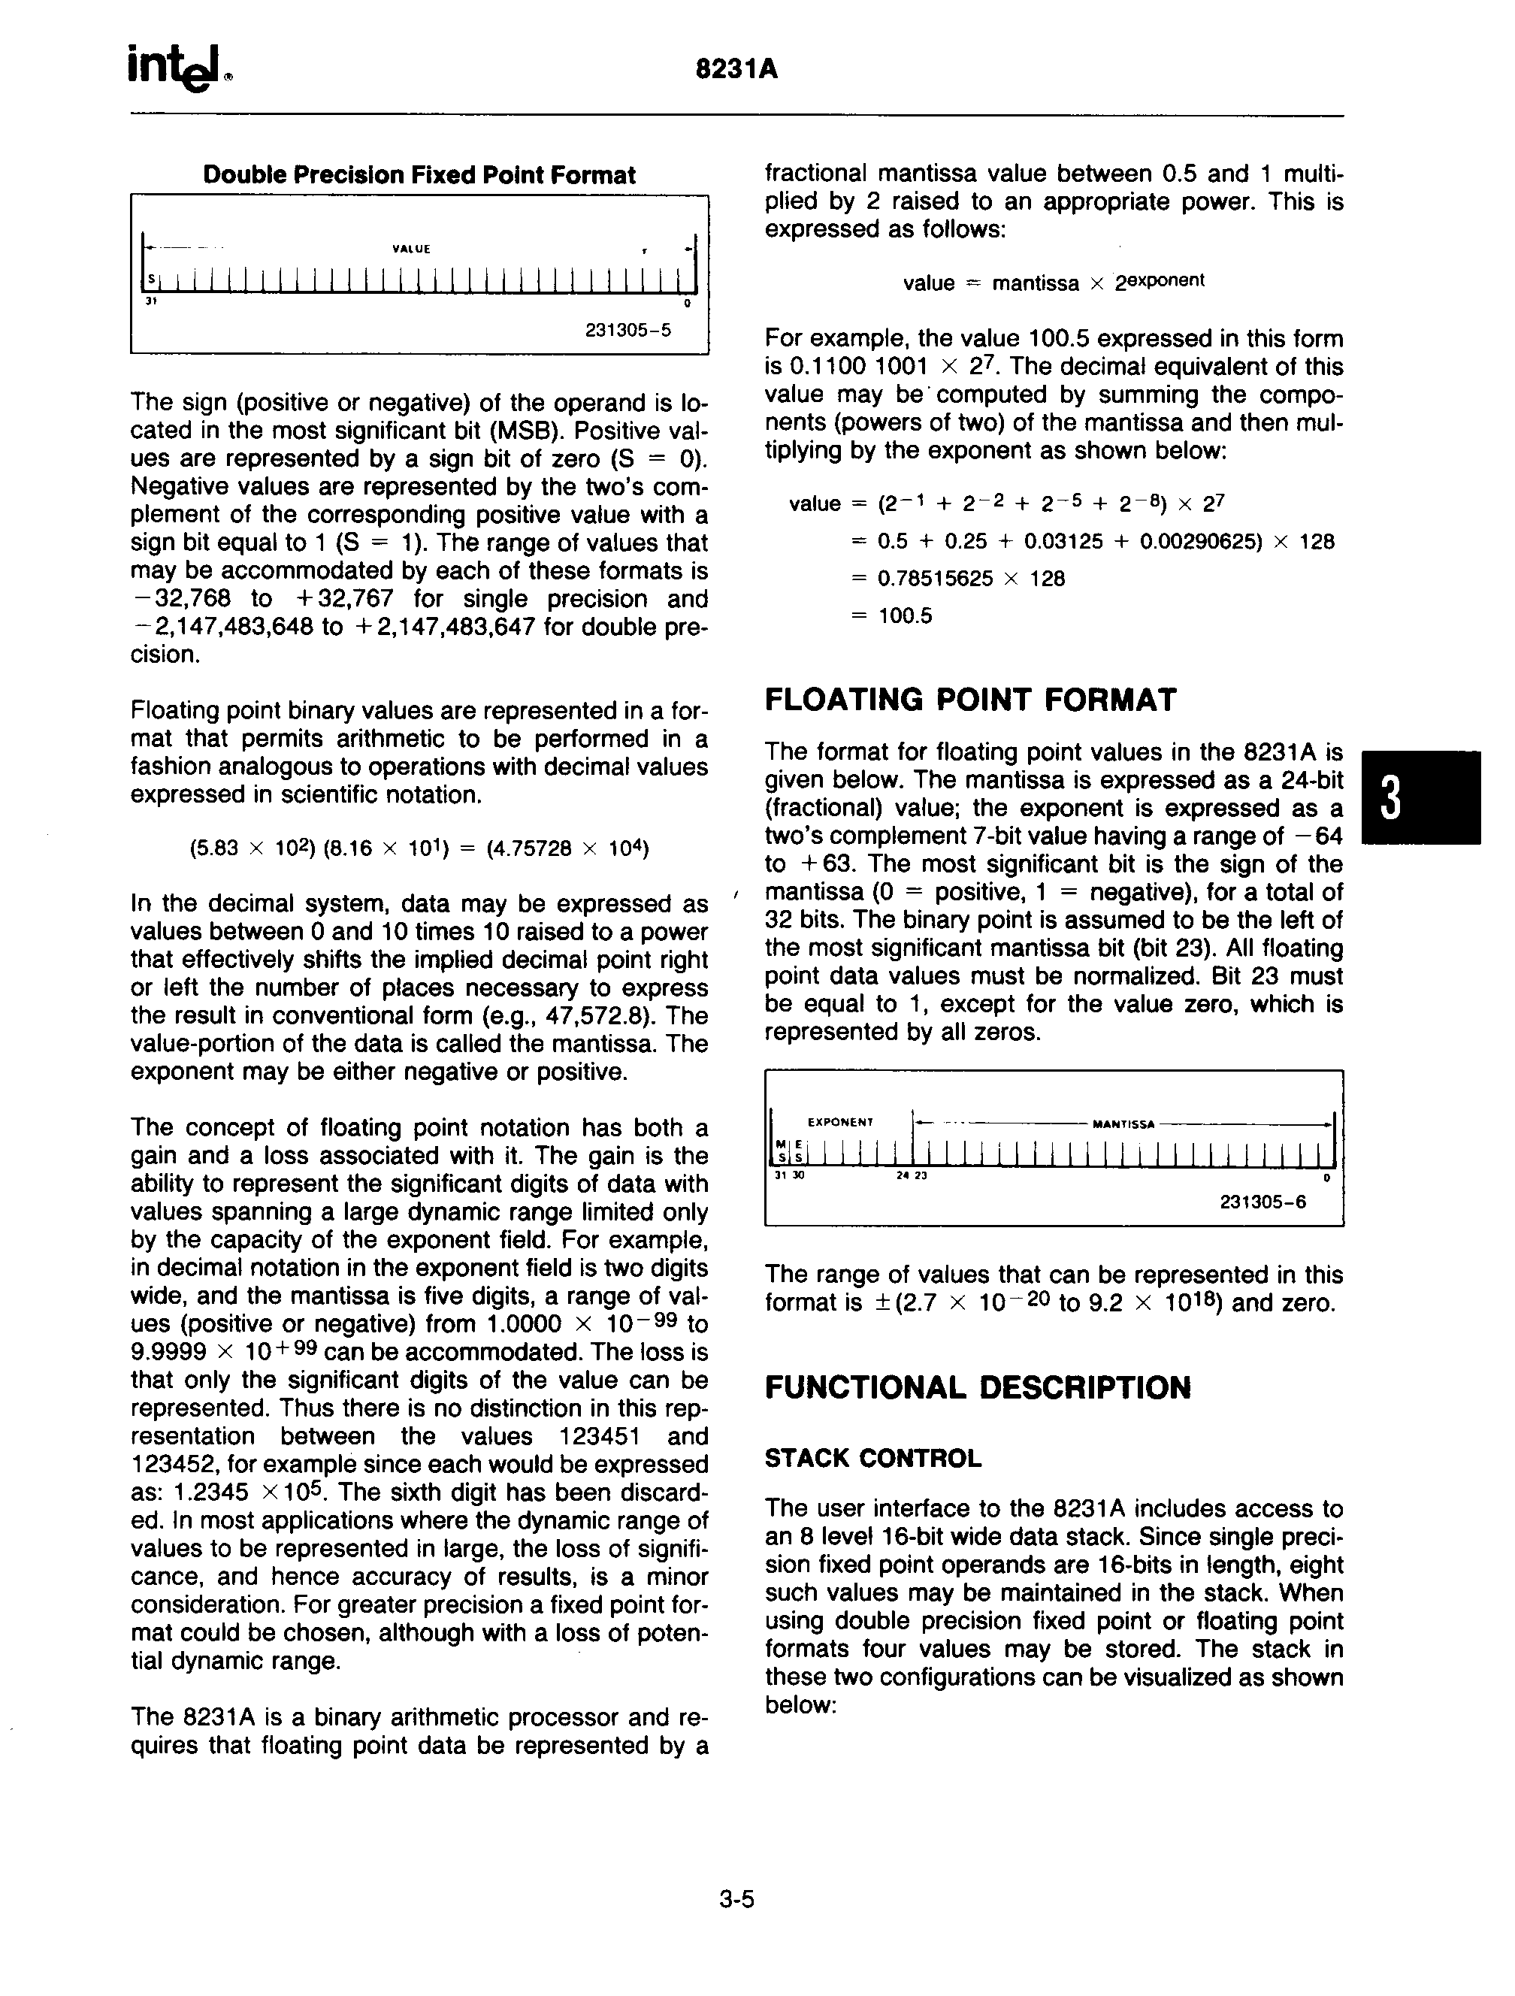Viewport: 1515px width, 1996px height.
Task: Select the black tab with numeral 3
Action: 1420,797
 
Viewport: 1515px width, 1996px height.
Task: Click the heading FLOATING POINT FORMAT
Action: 970,700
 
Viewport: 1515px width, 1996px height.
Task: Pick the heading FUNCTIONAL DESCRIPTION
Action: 977,1387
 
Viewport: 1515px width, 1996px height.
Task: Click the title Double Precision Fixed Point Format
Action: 419,175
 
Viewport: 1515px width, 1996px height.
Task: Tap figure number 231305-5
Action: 628,330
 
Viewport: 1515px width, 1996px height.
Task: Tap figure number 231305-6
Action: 1262,1202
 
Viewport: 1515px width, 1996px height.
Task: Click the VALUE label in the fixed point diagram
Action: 412,249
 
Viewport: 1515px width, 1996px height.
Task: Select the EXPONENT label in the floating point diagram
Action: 840,1123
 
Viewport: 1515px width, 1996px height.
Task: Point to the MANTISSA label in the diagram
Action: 1123,1124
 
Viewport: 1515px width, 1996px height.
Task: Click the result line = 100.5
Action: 893,616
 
